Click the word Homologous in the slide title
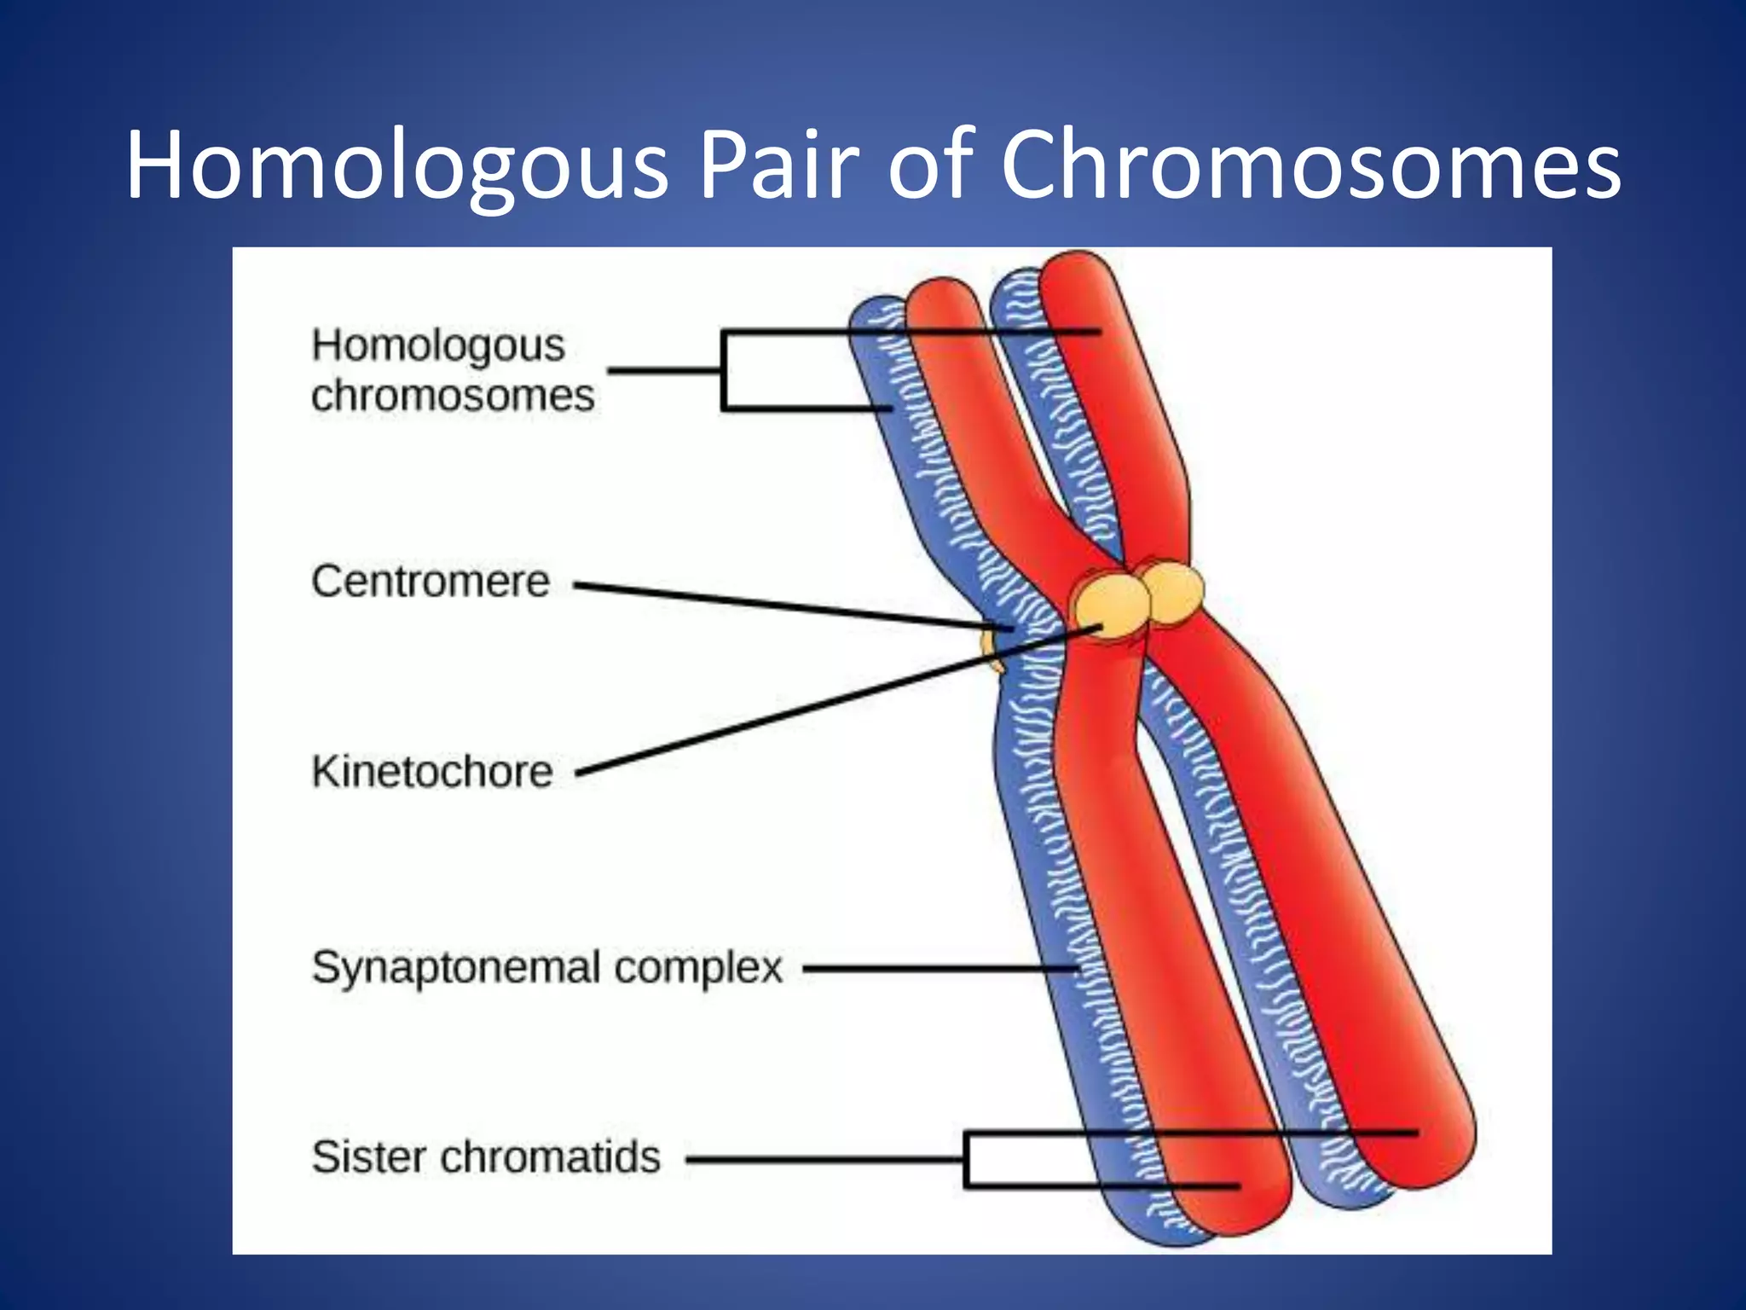[x=396, y=166]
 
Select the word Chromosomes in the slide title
[x=1309, y=166]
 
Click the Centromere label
[x=431, y=582]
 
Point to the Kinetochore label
[x=432, y=772]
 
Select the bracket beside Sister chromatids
[x=967, y=1159]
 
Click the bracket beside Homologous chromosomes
[x=724, y=371]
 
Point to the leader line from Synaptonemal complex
[x=938, y=968]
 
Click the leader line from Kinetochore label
[x=835, y=701]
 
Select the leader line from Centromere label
[x=793, y=608]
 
